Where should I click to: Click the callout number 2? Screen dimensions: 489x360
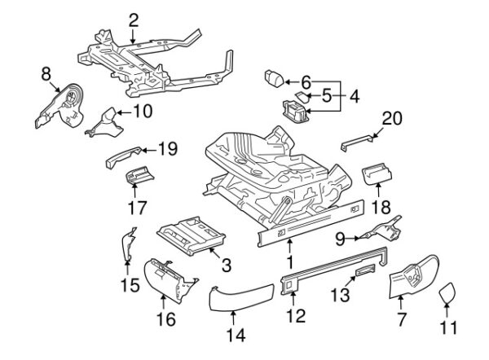click(x=133, y=21)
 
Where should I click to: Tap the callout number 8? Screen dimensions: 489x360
click(x=46, y=74)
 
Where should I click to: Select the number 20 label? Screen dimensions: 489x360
click(x=392, y=118)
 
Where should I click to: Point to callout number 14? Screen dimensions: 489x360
click(x=236, y=336)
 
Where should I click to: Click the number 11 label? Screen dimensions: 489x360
click(x=448, y=328)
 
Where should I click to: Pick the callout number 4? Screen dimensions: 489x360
click(x=355, y=97)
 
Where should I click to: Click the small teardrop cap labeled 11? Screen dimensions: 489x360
click(x=447, y=292)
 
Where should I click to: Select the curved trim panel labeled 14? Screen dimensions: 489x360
click(x=240, y=297)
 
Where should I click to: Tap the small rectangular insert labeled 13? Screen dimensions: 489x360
click(x=365, y=270)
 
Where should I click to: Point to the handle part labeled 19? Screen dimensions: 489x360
click(x=123, y=156)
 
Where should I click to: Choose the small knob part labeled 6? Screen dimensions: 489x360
click(x=274, y=77)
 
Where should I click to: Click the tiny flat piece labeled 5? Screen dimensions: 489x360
click(x=302, y=97)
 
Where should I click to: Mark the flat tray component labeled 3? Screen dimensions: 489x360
click(x=192, y=235)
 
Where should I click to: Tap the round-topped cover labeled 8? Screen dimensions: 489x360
click(x=61, y=106)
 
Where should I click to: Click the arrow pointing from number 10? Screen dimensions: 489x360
click(x=125, y=112)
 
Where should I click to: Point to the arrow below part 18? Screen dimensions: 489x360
click(x=378, y=191)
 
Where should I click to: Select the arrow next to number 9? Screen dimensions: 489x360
click(x=353, y=239)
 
